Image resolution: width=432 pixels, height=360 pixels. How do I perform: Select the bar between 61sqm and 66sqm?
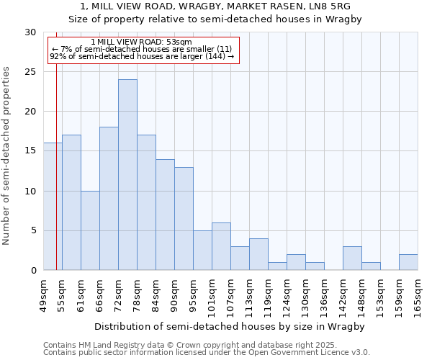[x=90, y=230]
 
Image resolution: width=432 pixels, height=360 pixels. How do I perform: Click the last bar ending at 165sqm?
[x=408, y=262]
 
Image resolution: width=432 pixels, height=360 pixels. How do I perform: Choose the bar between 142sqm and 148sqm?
[x=352, y=258]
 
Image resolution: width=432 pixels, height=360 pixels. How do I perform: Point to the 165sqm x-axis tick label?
[x=418, y=296]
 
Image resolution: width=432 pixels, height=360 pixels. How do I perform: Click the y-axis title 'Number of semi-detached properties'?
[x=6, y=156]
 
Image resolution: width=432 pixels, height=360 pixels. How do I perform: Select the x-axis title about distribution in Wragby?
[x=229, y=326]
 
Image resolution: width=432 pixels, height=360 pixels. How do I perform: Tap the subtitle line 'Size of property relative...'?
[x=215, y=19]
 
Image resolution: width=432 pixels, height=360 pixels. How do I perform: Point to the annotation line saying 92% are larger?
[x=142, y=56]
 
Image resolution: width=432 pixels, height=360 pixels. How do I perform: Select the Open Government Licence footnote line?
[x=207, y=353]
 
